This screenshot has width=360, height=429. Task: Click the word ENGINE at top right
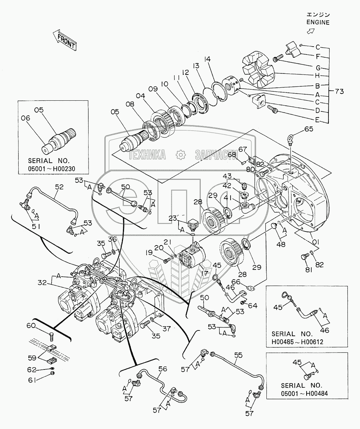point(318,23)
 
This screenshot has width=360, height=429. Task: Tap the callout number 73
point(339,91)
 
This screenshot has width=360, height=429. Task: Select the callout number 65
point(308,129)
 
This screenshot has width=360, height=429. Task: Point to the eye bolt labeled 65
point(290,139)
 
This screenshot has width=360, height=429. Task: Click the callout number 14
point(207,59)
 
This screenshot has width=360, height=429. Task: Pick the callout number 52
point(59,187)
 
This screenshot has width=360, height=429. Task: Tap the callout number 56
point(163,369)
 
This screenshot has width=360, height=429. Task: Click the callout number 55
point(238,355)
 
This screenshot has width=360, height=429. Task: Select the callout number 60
point(31,325)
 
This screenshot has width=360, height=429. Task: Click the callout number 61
point(32,380)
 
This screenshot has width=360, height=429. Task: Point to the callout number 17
point(204,273)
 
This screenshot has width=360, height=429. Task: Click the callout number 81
point(308,270)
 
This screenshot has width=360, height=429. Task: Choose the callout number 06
point(25,118)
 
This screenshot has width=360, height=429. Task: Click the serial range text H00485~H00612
point(297,342)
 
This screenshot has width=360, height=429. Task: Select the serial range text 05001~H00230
point(52,169)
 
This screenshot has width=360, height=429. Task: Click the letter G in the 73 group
point(318,68)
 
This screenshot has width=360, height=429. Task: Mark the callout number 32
point(42,282)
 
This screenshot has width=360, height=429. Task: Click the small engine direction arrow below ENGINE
point(311,32)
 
